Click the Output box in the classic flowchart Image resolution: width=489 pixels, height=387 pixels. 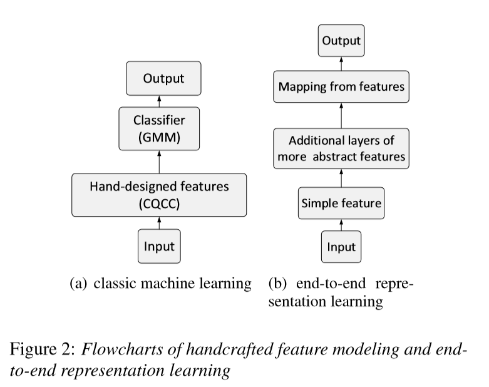(163, 78)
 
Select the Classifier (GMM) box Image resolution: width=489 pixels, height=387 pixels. (159, 128)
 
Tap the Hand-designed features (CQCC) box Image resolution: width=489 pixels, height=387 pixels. (159, 195)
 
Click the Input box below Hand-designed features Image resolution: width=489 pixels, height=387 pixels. (159, 246)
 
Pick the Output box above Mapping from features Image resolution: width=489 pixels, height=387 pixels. (341, 41)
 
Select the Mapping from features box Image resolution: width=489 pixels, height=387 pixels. (341, 86)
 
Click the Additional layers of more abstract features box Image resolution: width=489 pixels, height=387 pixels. (341, 148)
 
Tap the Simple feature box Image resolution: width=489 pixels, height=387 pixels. (341, 203)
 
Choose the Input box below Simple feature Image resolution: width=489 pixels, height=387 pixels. (341, 247)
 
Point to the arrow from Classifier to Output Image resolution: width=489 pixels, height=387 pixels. (160, 101)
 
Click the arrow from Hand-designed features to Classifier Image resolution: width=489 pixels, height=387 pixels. (160, 162)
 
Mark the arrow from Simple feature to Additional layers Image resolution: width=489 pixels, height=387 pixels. (341, 178)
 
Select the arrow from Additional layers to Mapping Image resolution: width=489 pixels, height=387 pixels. (341, 115)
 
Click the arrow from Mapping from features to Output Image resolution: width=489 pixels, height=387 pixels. (341, 64)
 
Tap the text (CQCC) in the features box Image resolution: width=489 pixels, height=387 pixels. (159, 204)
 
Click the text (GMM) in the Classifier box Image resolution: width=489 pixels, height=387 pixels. (159, 137)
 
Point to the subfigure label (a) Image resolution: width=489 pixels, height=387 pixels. (78, 284)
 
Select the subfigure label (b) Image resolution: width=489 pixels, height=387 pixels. (277, 284)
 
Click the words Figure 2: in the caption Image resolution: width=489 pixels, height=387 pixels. (43, 349)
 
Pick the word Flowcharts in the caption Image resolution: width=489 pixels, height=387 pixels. (122, 349)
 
